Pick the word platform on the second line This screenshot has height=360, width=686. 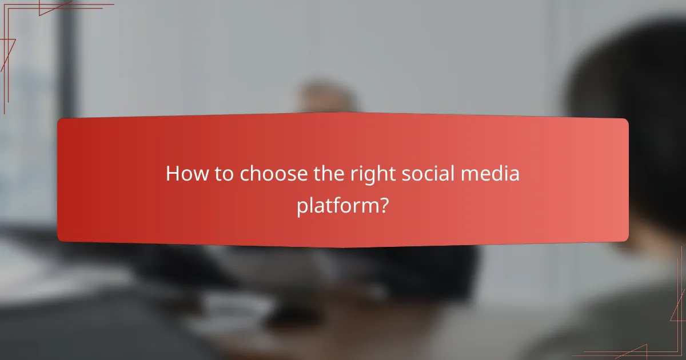pos(337,206)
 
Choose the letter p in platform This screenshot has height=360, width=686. pos(302,208)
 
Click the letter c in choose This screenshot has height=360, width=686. pos(245,175)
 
